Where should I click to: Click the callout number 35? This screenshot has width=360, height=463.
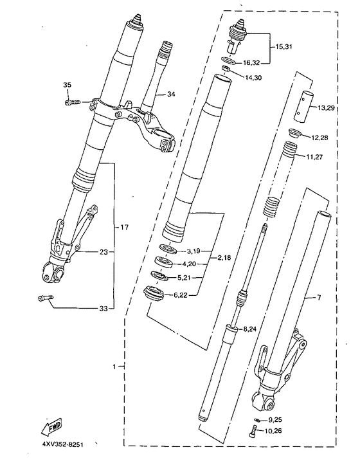[x=67, y=86]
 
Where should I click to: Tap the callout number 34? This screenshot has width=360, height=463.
[x=171, y=95]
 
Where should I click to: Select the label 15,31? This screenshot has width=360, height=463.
[x=284, y=48]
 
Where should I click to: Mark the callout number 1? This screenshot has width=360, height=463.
[x=114, y=367]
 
